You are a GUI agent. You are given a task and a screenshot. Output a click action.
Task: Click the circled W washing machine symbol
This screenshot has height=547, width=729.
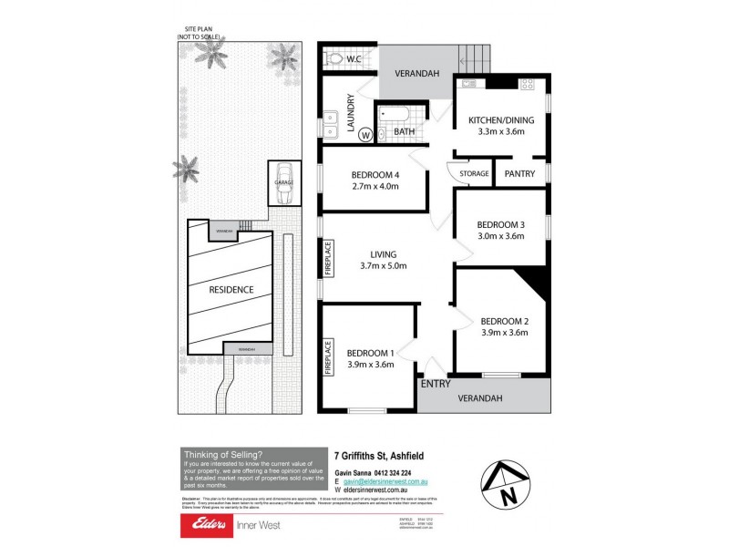coord(365,135)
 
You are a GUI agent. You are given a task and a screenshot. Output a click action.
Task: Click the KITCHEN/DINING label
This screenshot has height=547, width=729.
coord(500,120)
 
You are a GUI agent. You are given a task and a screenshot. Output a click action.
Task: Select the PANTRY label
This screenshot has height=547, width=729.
coord(520,173)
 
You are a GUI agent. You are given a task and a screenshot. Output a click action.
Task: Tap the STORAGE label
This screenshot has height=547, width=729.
coord(474,173)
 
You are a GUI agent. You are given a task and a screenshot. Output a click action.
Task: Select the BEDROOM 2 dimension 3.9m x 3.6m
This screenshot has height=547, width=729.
coord(505,333)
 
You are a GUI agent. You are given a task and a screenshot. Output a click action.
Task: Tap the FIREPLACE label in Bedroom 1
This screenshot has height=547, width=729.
coord(328,356)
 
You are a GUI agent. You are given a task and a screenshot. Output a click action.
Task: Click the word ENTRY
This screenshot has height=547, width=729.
coord(436,385)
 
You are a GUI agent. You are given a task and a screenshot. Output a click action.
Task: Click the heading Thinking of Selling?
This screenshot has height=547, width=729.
coord(223,454)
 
